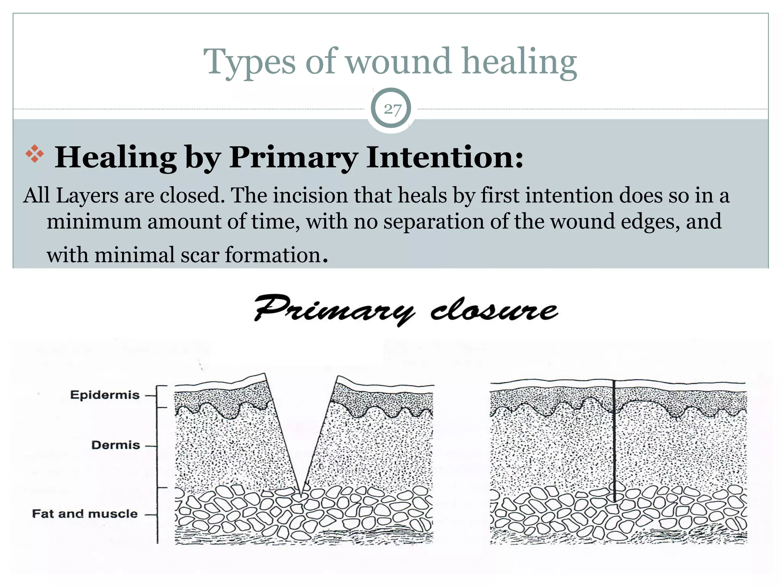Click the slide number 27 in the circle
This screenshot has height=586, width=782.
(x=392, y=109)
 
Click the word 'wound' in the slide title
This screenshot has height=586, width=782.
(x=399, y=61)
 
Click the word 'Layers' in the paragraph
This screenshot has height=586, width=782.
(x=87, y=196)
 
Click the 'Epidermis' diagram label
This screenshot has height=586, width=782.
(x=105, y=395)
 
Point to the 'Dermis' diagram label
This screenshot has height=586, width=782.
(x=116, y=445)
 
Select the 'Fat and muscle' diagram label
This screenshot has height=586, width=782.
(x=84, y=514)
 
